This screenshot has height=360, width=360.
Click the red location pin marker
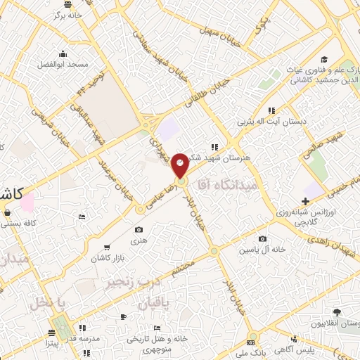click(180, 165)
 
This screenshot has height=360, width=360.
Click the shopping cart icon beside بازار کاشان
click(106, 247)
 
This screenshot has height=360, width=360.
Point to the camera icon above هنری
click(139, 230)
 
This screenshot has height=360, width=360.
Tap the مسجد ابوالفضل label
click(63, 65)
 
